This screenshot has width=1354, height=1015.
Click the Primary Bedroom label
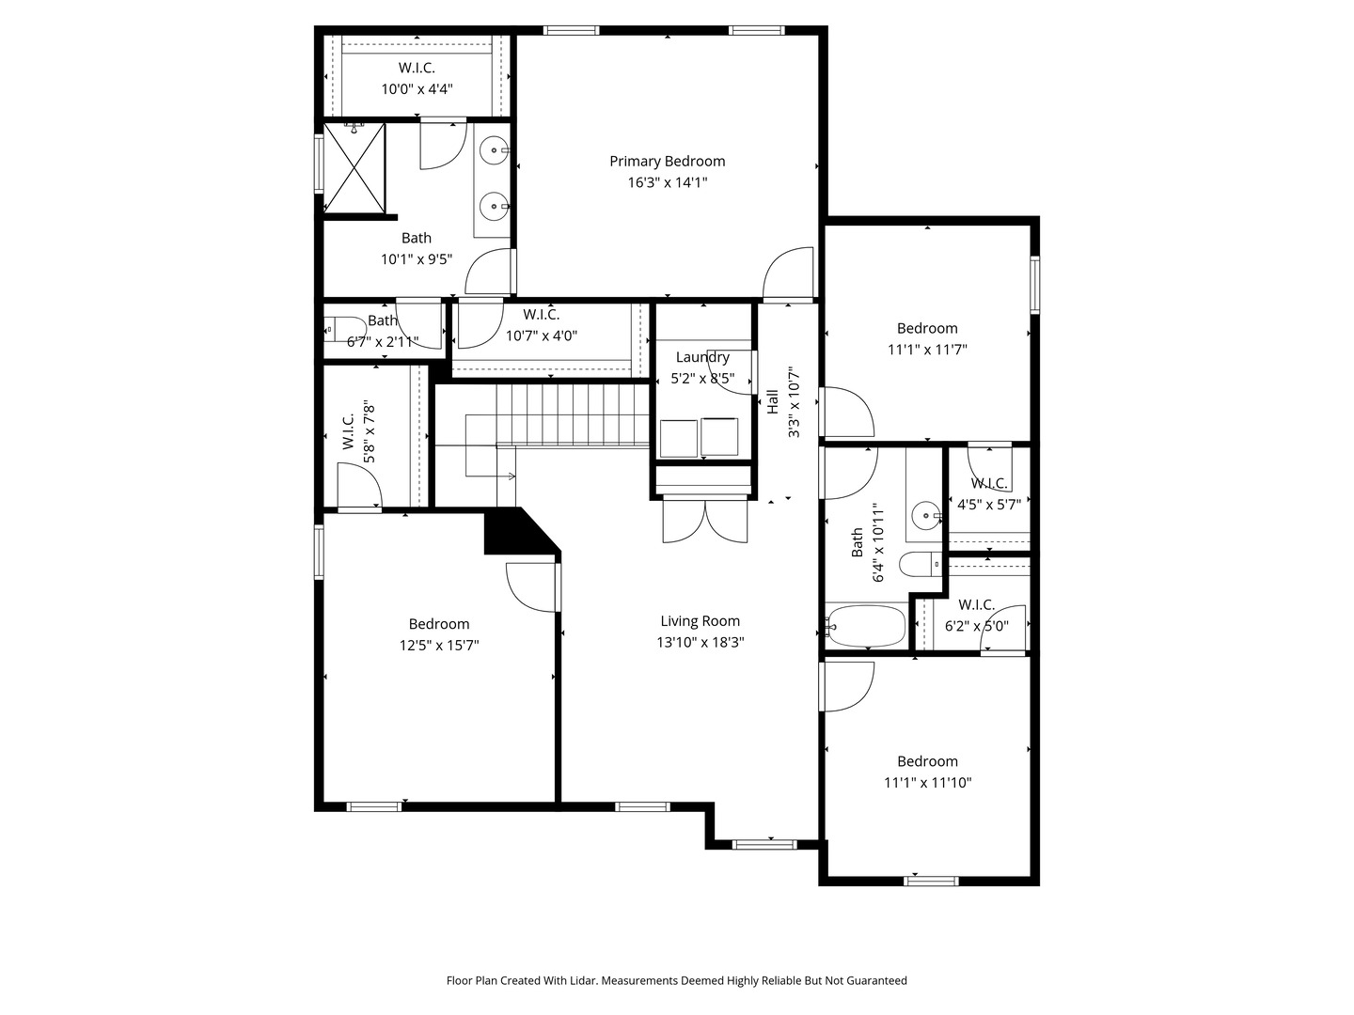click(x=667, y=161)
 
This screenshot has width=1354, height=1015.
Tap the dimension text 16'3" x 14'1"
click(x=667, y=182)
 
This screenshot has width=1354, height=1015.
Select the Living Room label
click(x=700, y=621)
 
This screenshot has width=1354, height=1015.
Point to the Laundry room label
click(x=702, y=357)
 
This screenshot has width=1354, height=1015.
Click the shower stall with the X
click(x=354, y=168)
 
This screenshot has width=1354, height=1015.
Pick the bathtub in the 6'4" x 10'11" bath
click(x=866, y=627)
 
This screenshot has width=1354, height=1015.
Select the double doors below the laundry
click(x=704, y=521)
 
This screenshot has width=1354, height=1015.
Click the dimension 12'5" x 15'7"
click(x=439, y=646)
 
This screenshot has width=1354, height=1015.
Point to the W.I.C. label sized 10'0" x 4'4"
click(x=417, y=68)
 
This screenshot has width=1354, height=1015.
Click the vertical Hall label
click(x=772, y=402)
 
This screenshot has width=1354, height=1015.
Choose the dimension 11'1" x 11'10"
click(x=927, y=783)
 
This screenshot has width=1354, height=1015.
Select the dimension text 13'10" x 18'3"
click(x=700, y=643)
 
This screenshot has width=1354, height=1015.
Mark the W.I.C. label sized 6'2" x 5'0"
click(x=976, y=604)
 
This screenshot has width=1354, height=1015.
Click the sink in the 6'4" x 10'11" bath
click(x=926, y=515)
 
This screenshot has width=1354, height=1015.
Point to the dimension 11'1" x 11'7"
click(x=927, y=350)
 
